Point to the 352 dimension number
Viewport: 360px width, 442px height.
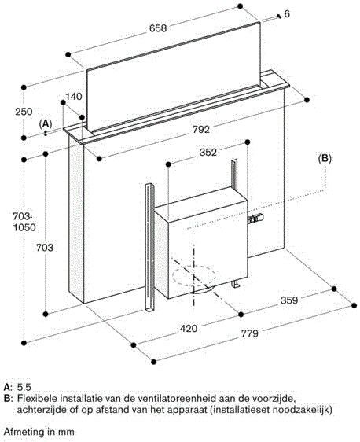point(207,154)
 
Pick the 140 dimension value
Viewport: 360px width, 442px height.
point(74,97)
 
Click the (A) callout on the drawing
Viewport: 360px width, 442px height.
point(46,124)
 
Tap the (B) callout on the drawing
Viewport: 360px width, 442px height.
point(325,158)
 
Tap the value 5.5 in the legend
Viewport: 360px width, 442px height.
point(24,388)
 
